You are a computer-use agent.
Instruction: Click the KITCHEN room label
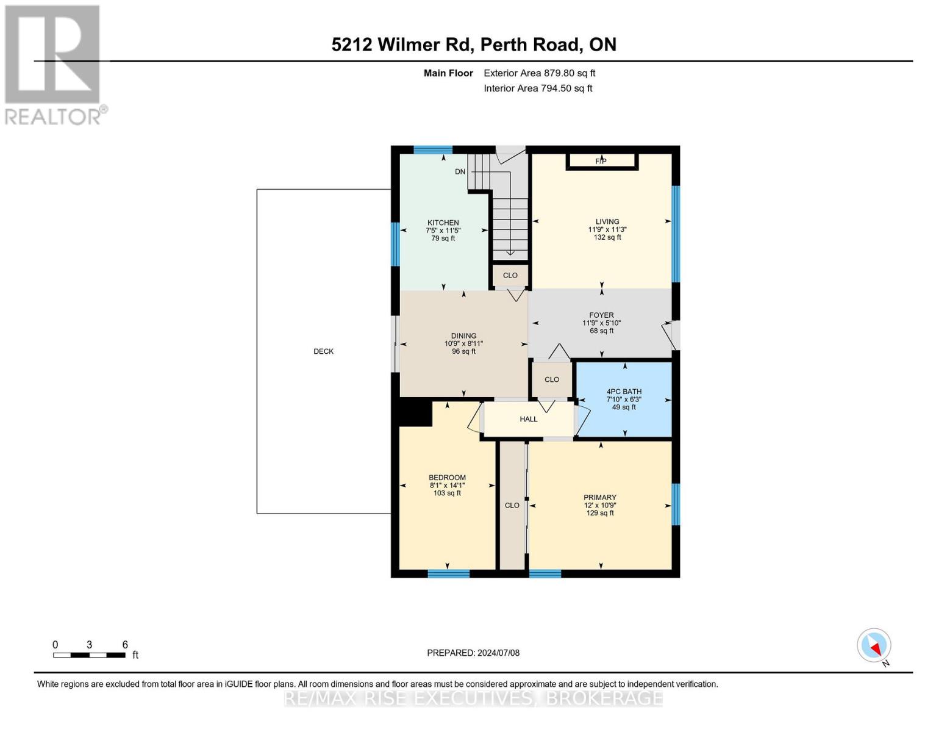point(443,223)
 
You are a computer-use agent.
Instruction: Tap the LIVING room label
point(607,221)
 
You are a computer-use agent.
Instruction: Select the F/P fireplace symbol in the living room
point(601,161)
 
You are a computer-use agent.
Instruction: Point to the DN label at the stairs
point(460,171)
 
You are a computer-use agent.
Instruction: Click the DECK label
point(323,351)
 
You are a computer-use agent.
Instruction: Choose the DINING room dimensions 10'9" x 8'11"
point(463,343)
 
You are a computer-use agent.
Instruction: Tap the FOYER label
point(601,315)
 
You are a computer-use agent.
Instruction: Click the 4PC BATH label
point(624,392)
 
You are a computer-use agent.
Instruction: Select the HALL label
point(529,419)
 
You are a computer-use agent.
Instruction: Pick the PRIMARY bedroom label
point(600,497)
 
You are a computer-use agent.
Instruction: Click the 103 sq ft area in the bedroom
point(447,493)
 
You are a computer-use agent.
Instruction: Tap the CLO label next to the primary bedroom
point(512,505)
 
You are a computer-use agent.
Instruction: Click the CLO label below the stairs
point(510,275)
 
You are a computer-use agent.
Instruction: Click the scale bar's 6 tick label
point(125,645)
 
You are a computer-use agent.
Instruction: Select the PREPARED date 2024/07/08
point(473,653)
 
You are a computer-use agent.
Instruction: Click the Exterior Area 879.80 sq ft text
point(539,73)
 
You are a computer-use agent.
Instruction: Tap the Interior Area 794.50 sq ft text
point(538,88)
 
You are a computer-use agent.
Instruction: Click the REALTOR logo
point(54,65)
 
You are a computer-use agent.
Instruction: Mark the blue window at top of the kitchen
point(433,149)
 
